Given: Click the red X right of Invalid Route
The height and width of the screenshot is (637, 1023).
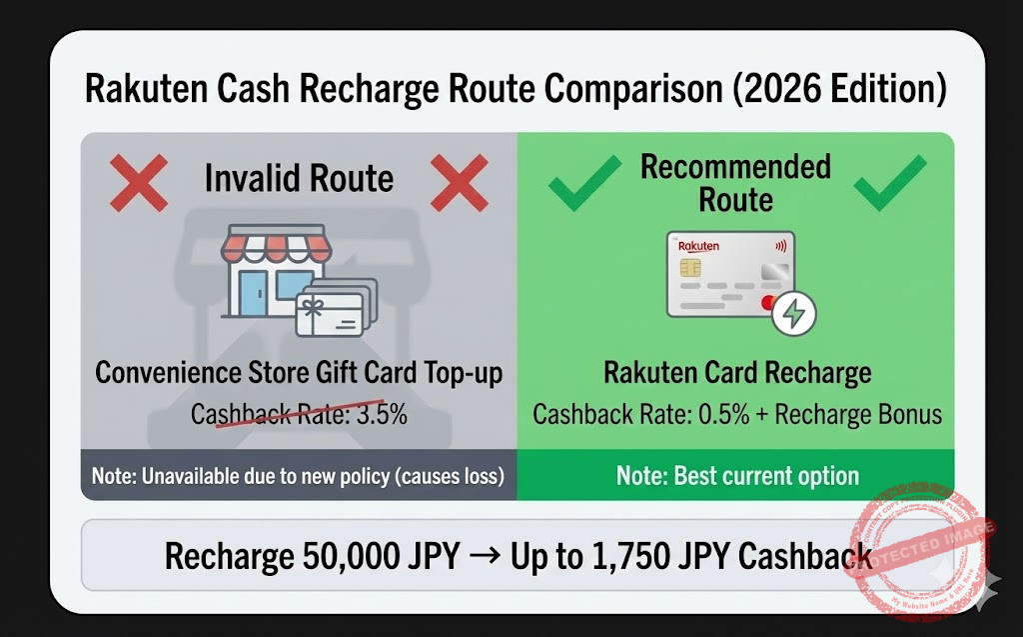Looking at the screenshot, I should pos(459,181).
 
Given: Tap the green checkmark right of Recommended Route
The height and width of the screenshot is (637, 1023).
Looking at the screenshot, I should pos(889,182).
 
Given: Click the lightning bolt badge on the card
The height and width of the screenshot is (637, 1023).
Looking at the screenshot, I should pos(795,313).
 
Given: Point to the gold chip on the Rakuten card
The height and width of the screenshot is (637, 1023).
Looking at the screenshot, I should pos(689,268).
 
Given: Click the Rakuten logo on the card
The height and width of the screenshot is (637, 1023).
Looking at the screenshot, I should pos(698,246).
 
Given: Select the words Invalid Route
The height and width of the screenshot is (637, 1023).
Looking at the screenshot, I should pos(299,179).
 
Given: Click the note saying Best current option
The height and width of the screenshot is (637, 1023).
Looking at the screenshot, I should pos(737,475).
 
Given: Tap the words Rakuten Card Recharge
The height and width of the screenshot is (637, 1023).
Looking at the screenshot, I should pos(737,373).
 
